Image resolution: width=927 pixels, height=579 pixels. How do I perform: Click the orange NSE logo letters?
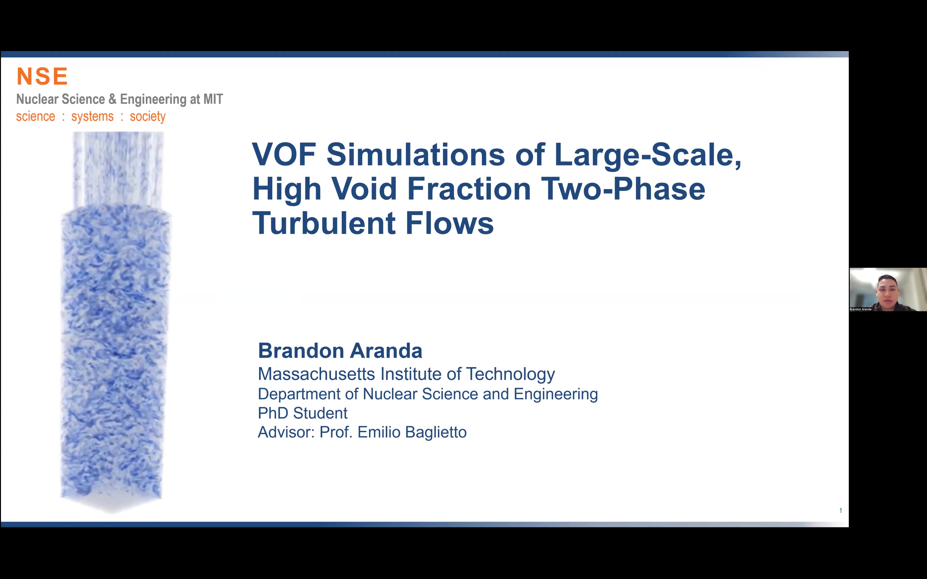pyautogui.click(x=42, y=76)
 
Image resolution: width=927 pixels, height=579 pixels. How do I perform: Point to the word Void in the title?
pyautogui.click(x=364, y=189)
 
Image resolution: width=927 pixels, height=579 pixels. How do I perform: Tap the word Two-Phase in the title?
pyautogui.click(x=623, y=189)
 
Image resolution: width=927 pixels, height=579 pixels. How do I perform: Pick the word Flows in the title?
pyautogui.click(x=450, y=223)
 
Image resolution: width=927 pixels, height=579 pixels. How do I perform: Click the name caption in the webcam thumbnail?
pyautogui.click(x=860, y=309)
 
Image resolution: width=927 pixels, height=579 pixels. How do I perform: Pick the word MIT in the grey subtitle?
pyautogui.click(x=213, y=99)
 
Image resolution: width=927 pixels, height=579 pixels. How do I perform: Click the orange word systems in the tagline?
pyautogui.click(x=92, y=117)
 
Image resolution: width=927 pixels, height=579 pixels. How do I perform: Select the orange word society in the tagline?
pyautogui.click(x=147, y=117)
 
